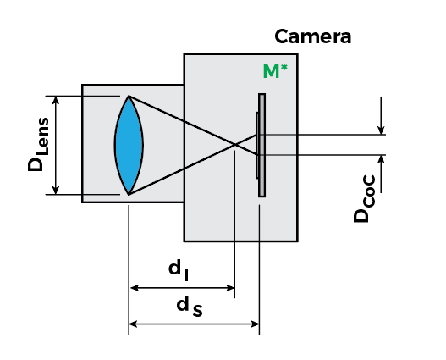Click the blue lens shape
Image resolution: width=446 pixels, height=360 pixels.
[129, 146]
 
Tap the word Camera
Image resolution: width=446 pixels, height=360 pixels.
[313, 36]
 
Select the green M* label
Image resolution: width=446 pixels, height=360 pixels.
[275, 71]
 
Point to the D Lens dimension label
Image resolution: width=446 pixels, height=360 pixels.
[38, 144]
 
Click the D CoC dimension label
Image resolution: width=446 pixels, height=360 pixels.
[365, 199]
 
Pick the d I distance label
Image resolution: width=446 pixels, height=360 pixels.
[179, 271]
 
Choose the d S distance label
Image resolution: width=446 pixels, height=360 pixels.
[190, 307]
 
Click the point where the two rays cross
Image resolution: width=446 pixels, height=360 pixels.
[235, 145]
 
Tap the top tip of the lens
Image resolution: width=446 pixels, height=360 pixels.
[129, 97]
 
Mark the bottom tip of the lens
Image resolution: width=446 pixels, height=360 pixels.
[129, 195]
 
